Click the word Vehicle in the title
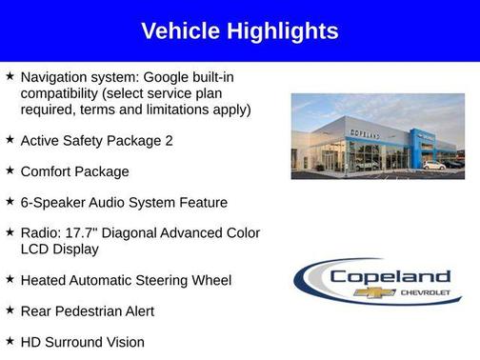(179, 31)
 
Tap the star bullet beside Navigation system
(10, 73)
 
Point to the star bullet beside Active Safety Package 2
(10, 139)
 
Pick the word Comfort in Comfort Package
(50, 171)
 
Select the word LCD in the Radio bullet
(35, 249)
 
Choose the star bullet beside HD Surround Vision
(10, 340)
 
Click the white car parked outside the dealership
(433, 165)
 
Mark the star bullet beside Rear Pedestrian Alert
(10, 310)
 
